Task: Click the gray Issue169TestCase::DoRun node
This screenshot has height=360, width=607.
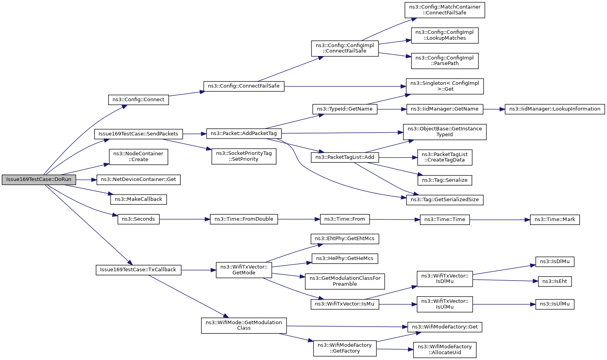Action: click(39, 180)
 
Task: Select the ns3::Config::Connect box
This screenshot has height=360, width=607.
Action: click(139, 100)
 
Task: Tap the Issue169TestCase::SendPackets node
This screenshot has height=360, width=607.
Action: click(139, 134)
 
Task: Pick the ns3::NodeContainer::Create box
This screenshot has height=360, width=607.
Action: click(139, 156)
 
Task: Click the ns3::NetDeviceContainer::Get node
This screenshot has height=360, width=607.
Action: click(139, 180)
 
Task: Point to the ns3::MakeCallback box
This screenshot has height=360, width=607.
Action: click(139, 199)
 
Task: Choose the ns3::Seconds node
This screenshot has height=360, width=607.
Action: click(139, 219)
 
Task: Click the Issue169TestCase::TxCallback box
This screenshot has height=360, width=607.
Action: click(139, 270)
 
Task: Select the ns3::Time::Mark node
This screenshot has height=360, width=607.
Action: click(555, 220)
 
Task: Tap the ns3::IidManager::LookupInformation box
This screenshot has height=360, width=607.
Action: click(555, 109)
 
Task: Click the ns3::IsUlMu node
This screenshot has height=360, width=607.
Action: click(555, 304)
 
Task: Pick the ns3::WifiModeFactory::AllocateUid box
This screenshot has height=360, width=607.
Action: click(445, 350)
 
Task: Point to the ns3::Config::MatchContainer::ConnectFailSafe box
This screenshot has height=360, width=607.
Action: click(445, 10)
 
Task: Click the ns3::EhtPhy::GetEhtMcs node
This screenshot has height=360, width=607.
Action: click(345, 239)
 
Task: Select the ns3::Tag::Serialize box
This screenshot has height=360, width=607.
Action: click(445, 181)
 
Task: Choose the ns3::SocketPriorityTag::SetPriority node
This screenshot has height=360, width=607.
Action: click(244, 156)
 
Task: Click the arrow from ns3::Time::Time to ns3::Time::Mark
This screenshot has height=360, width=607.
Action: click(500, 220)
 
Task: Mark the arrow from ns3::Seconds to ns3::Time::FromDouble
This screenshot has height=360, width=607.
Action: click(185, 219)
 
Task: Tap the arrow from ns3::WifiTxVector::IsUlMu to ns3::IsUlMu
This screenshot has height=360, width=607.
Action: click(504, 304)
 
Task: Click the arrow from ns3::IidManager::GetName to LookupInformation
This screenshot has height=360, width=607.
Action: click(494, 109)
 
